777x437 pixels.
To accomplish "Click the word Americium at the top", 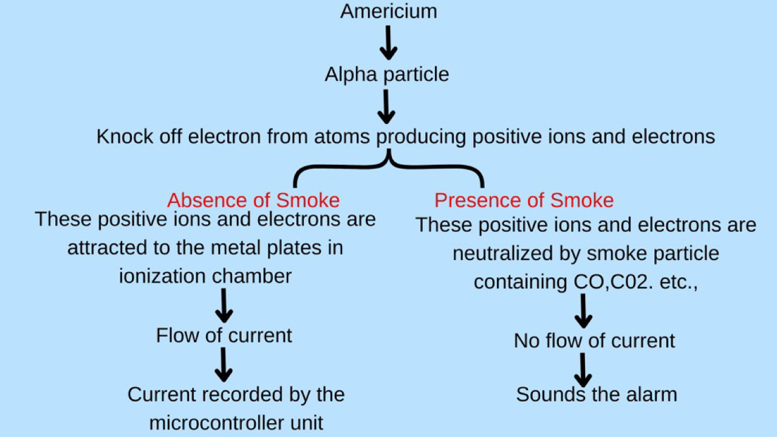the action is point(389,11).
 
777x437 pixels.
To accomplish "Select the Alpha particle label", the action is point(387,75).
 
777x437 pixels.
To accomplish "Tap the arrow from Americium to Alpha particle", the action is point(389,43).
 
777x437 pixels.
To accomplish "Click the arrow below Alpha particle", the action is point(386,106).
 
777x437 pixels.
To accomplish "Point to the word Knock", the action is point(125,136).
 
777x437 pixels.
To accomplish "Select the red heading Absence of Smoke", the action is point(253,201).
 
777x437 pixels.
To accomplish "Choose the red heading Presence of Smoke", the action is point(524,201).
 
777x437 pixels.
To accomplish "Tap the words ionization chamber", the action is point(205,277).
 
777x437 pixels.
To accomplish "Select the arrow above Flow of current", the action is point(224,306).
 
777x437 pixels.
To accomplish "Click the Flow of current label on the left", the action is point(224,335).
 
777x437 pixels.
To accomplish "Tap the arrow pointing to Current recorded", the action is point(224,365).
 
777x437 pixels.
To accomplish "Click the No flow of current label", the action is point(594,340).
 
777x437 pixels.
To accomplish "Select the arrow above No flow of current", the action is point(583,311).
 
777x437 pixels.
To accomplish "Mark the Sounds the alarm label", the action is point(597,394).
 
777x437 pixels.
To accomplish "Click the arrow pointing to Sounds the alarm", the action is point(583,370).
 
